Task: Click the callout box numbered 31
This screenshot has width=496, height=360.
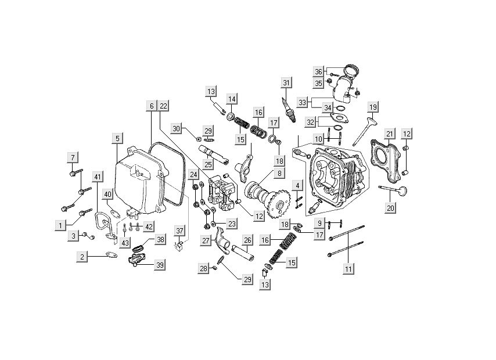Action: coord(285,83)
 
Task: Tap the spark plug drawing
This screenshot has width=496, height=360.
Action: coord(289,110)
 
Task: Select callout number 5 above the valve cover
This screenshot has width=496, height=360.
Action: coord(117,138)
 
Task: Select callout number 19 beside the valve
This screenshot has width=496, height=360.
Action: coord(373,107)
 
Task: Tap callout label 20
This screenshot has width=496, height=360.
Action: coord(390,207)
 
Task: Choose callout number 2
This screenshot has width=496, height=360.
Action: coord(82,257)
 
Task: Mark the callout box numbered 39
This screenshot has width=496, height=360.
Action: coord(159,265)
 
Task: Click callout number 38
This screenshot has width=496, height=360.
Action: coord(159,239)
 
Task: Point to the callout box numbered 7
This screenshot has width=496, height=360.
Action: coord(73,157)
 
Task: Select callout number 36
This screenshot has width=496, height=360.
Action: coord(318,71)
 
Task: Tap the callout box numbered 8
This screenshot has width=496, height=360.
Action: coord(279,173)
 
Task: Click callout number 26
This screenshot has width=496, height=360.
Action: coord(247,240)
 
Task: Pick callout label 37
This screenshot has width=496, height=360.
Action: coord(179,231)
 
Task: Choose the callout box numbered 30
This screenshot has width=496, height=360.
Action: coord(177,128)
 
